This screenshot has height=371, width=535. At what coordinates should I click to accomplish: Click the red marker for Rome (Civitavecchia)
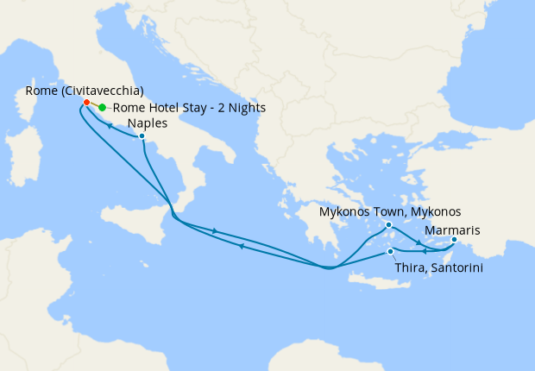[x=86, y=103]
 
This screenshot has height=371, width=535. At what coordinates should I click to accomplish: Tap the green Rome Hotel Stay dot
[x=102, y=108]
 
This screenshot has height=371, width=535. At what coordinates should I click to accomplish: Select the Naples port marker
[x=142, y=136]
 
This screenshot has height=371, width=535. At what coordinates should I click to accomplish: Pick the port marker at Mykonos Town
[x=388, y=225]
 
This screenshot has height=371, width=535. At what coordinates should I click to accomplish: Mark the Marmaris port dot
[x=455, y=239]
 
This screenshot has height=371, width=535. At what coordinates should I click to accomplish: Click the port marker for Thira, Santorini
[x=391, y=252]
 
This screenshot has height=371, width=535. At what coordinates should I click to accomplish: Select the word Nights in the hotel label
[x=244, y=108]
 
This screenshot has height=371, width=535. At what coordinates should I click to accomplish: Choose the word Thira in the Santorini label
[x=411, y=268]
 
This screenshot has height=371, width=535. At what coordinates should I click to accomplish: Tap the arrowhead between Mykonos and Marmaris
[x=419, y=242]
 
